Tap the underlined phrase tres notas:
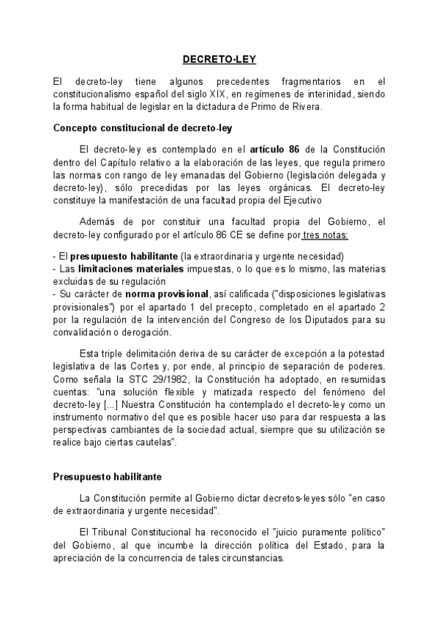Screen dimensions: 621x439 click(x=325, y=234)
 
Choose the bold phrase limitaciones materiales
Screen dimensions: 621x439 click(x=125, y=268)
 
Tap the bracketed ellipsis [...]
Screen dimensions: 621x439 click(x=105, y=404)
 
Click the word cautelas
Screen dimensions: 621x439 click(x=153, y=442)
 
